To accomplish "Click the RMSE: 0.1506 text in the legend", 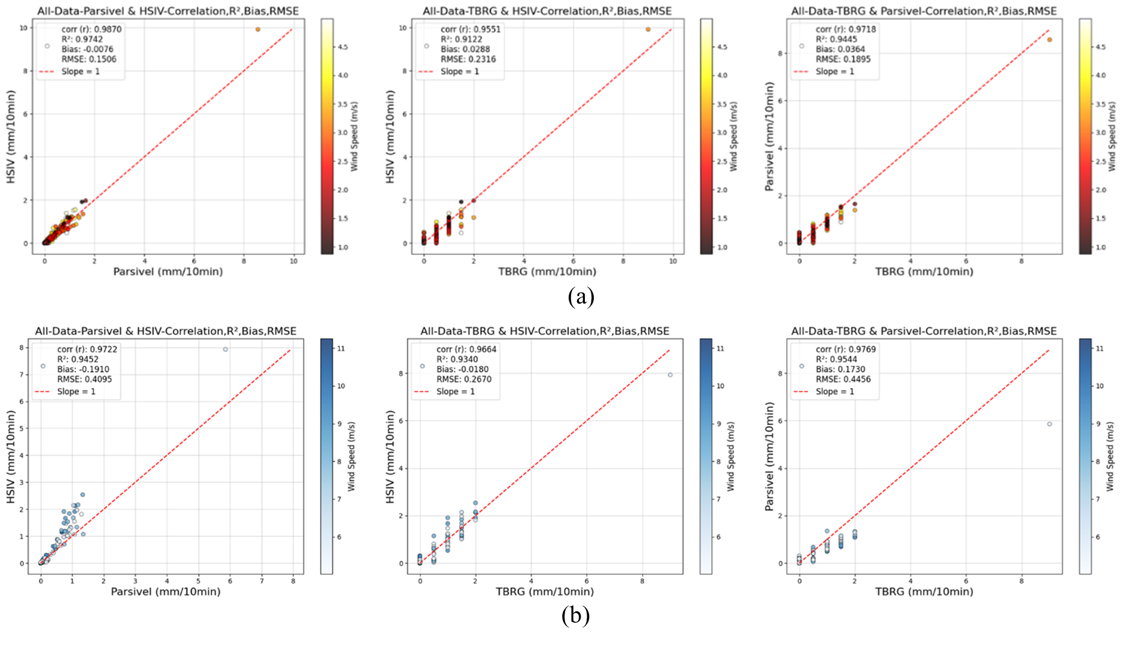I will coord(88,59).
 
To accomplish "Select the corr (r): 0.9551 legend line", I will coord(470,29).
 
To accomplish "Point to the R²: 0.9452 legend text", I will coord(78,359).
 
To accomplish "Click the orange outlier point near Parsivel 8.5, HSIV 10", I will coord(258,29).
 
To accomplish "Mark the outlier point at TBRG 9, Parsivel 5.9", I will coord(1050,424).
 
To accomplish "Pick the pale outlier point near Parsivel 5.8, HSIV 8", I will coord(225,349).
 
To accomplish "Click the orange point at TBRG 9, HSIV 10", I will coord(648,29).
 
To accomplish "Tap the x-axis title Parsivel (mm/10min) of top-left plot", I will coord(168,272).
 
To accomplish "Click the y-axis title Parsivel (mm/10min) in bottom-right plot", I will coord(769,456).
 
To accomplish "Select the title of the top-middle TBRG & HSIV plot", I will coord(547,11).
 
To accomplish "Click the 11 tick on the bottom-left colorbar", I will coord(341,348).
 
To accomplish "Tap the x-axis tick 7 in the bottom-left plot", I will coord(262,580).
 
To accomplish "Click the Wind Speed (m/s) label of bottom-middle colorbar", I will coord(731,456).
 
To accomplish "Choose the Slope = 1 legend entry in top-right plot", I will coord(835,71).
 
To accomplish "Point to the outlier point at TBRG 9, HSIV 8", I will coord(670,375).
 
